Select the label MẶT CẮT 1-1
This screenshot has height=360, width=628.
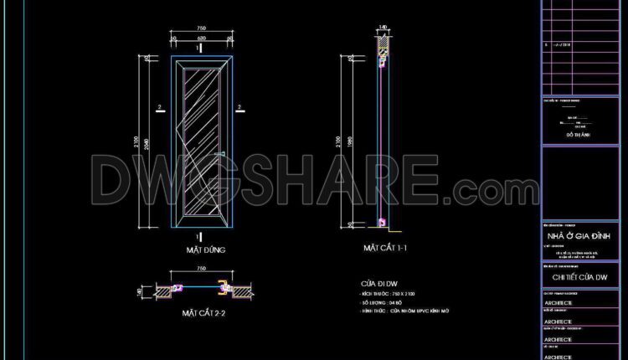(x=384, y=249)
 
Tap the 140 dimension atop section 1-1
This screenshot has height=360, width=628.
(x=383, y=28)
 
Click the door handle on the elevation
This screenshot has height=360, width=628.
(x=219, y=155)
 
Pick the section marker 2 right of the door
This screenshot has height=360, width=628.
(x=239, y=107)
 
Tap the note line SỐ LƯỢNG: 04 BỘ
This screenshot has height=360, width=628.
(x=384, y=302)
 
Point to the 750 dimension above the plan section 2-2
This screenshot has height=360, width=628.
(x=200, y=270)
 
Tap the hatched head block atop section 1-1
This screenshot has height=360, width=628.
(x=383, y=47)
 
